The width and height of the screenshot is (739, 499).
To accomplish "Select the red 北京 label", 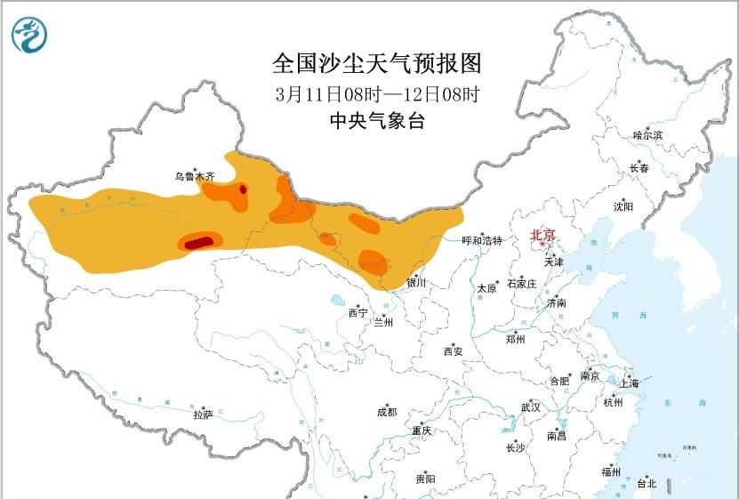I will coord(542,236).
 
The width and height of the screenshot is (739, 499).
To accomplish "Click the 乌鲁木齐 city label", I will coord(195,177).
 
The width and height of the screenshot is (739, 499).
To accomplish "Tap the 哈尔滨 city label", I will coord(647,135).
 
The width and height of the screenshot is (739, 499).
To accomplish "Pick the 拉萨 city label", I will coord(204,414).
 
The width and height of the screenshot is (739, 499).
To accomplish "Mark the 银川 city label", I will coord(416,283).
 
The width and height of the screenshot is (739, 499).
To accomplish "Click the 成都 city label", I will coord(387,412).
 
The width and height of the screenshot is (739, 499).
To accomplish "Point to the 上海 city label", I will coord(630,384).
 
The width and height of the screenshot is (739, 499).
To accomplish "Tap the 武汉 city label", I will coord(531,407).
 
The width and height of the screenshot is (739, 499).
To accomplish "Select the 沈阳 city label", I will coord(623,206).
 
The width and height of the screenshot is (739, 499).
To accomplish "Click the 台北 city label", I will coord(647,484).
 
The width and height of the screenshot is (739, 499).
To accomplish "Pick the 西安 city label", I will coord(453,351).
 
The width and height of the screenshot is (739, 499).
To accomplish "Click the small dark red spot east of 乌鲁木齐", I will coord(244,188).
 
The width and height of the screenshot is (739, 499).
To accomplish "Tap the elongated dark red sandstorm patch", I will coord(199,241).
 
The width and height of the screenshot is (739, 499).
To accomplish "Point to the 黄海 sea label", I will coord(616,317).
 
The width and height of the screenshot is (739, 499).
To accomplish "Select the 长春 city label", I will coord(639,168).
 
